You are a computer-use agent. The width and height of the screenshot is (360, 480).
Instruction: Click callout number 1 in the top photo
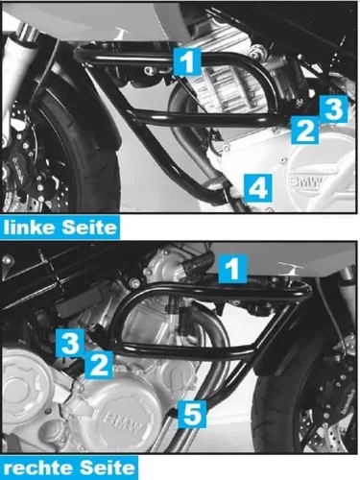[x=188, y=62]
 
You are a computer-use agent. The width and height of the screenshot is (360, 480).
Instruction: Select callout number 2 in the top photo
[x=304, y=131]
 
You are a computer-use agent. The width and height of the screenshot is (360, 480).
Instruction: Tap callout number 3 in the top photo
[x=331, y=108]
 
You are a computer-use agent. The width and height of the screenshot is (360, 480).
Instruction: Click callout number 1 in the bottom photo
[x=231, y=268]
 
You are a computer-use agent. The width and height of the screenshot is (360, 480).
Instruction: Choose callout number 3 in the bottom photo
[x=69, y=341]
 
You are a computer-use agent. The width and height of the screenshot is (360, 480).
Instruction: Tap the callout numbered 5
[x=193, y=414]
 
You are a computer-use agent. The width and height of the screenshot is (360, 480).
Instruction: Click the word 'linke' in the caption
[x=29, y=228]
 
